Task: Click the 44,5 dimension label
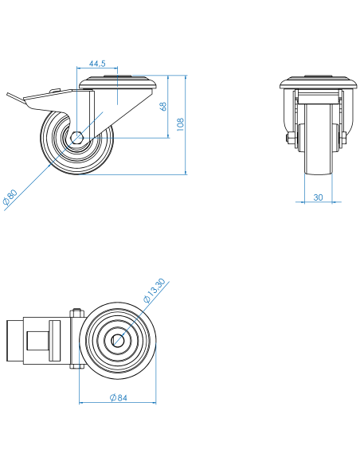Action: pyautogui.click(x=97, y=64)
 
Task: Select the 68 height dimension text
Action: pyautogui.click(x=163, y=107)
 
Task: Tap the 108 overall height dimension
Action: pyautogui.click(x=180, y=124)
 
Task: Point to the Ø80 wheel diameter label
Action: pyautogui.click(x=10, y=197)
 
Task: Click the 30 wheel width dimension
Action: pyautogui.click(x=318, y=197)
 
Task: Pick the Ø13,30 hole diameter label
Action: pyautogui.click(x=155, y=291)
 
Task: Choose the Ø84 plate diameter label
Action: pyautogui.click(x=119, y=397)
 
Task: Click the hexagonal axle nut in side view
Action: pyautogui.click(x=77, y=138)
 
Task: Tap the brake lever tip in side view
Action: pyautogui.click(x=8, y=95)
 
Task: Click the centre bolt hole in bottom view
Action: pyautogui.click(x=118, y=341)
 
